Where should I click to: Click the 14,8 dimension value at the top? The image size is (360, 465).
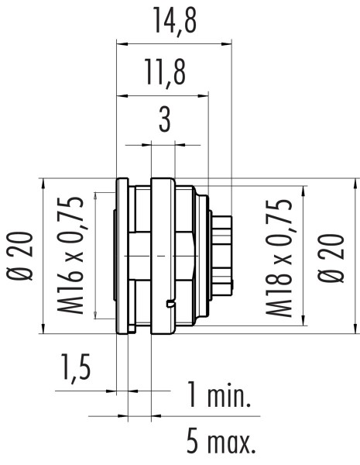tap(173, 22)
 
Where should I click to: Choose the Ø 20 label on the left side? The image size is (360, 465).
tap(22, 256)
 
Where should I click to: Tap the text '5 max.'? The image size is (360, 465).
tap(221, 443)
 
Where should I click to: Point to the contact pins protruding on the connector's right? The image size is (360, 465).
tap(222, 256)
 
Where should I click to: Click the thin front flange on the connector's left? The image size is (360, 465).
tap(121, 256)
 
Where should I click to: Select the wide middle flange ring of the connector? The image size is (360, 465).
tap(163, 256)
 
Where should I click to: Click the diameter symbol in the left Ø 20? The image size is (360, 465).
tap(22, 275)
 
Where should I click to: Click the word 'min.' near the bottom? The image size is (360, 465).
tap(231, 397)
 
